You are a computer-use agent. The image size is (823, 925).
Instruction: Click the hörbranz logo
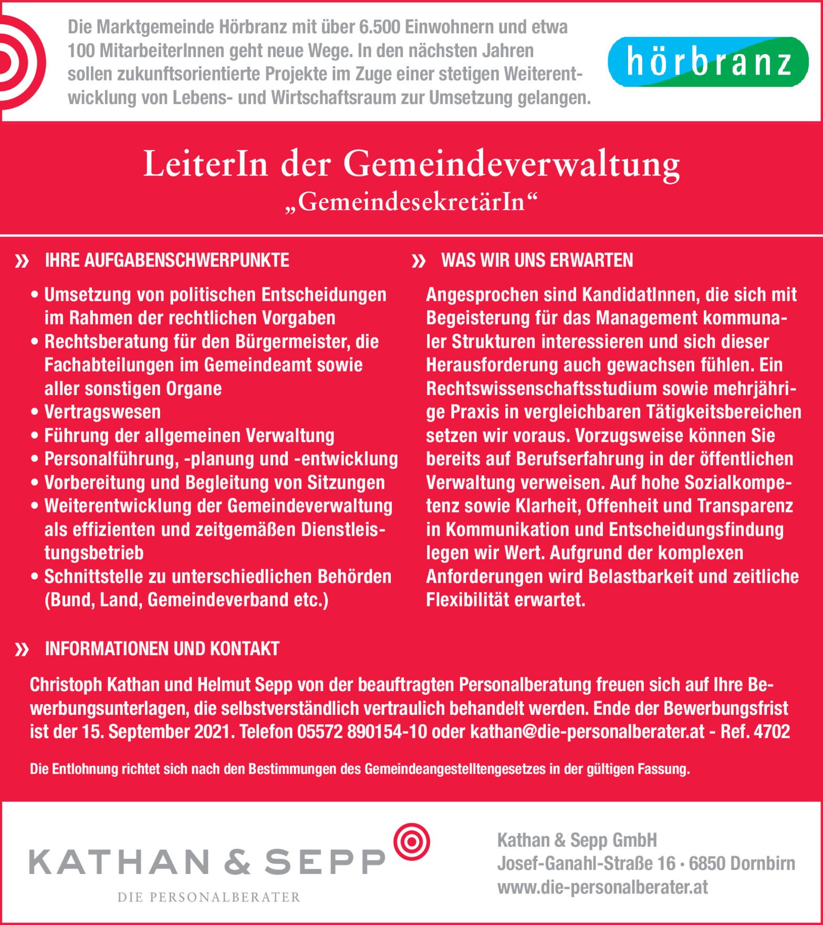(x=708, y=62)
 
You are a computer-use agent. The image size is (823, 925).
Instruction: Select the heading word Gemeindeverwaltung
(x=512, y=164)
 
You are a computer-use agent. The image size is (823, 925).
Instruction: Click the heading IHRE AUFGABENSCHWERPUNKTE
(x=167, y=260)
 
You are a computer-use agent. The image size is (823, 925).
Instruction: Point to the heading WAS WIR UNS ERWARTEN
(x=537, y=260)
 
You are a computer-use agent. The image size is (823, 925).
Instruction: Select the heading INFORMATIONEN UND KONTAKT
(x=162, y=649)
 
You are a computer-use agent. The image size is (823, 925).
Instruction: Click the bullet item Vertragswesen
(x=102, y=412)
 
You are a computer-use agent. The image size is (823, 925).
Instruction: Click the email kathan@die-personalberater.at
(x=587, y=732)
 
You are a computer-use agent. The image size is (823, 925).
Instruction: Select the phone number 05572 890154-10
(x=362, y=732)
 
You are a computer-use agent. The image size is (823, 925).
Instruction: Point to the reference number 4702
(x=772, y=732)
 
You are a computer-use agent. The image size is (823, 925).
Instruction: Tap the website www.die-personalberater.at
(x=602, y=887)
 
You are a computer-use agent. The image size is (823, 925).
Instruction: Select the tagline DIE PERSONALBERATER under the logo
(x=209, y=897)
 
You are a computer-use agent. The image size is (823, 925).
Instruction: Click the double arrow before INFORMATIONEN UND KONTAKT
(x=22, y=650)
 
